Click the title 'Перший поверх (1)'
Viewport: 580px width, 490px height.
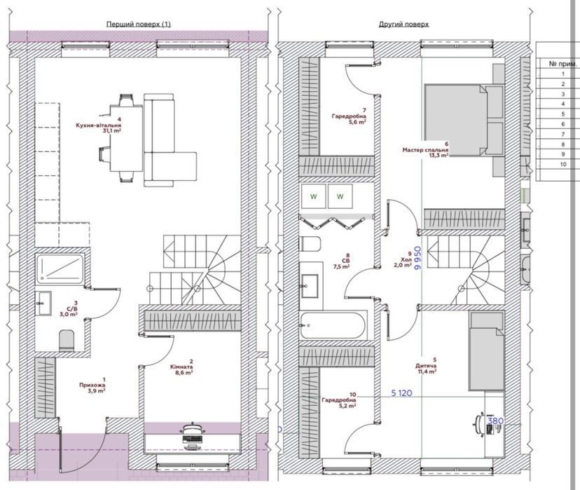[x=139, y=25]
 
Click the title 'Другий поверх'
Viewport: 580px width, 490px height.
[x=404, y=25]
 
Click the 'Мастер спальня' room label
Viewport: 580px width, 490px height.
[x=425, y=150]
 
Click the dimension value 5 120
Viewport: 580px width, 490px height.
[x=401, y=393]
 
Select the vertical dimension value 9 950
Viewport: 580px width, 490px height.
[x=418, y=259]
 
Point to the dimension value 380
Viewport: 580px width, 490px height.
[x=496, y=421]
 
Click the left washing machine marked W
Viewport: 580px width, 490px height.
[x=313, y=196]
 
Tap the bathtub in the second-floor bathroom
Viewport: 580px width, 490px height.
[x=333, y=326]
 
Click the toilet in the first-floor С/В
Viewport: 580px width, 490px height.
[x=67, y=341]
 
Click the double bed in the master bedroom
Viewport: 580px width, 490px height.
[x=464, y=121]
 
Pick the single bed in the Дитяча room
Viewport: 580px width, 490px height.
[x=486, y=351]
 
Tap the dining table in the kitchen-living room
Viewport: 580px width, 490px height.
[x=127, y=138]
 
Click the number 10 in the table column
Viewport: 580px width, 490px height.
[x=563, y=164]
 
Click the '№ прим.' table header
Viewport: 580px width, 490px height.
[x=562, y=64]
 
